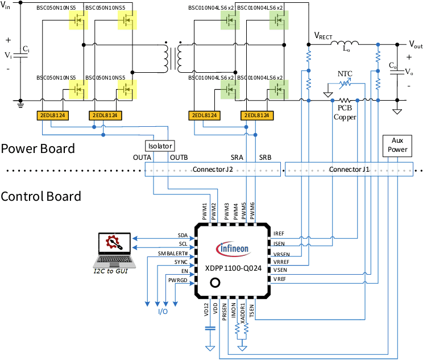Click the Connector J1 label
click(349, 169)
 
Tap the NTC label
click(345, 74)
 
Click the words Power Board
click(38, 149)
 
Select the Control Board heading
click(40, 196)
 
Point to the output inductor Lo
click(346, 44)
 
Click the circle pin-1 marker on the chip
click(215, 283)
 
